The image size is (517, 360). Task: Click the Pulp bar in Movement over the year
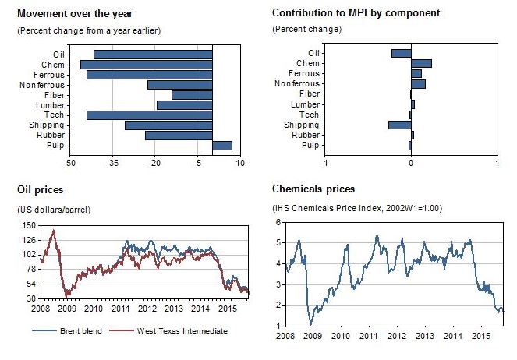click(x=222, y=145)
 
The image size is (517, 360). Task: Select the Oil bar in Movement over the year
click(x=153, y=54)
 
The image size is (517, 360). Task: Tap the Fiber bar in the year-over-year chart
click(x=192, y=94)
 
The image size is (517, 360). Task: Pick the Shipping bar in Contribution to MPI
click(x=399, y=125)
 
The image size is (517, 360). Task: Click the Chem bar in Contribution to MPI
click(x=421, y=63)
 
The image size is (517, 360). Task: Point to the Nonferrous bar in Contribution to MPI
click(x=418, y=83)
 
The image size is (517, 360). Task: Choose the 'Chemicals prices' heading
click(x=313, y=189)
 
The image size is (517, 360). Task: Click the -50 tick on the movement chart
click(x=70, y=163)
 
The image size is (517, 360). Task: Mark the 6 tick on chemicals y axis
click(x=278, y=223)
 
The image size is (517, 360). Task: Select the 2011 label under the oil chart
click(x=121, y=309)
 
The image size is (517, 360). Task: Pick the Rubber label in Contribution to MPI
click(x=306, y=135)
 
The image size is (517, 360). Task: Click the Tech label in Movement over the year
click(x=55, y=115)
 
